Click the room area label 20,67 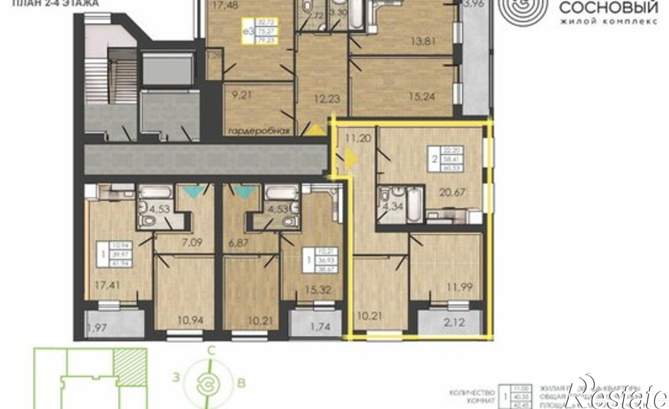453,192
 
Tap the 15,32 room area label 318,290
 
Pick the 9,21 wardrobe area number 241,95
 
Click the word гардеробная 258,131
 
